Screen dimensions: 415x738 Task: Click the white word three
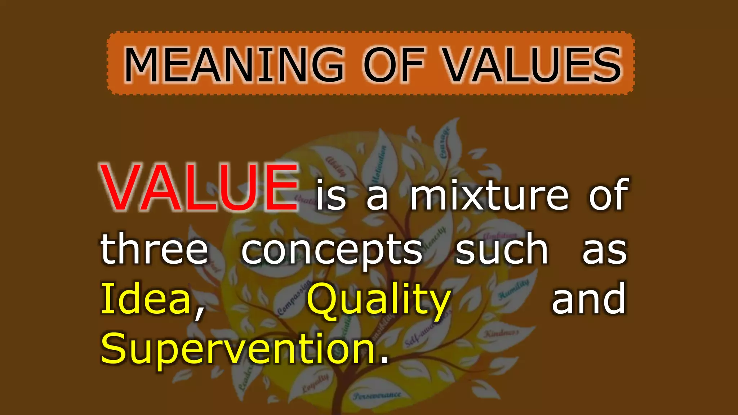click(154, 249)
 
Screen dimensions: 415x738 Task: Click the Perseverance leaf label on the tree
click(377, 396)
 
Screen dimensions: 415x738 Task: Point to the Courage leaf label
click(445, 142)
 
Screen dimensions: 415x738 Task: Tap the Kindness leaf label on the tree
click(502, 333)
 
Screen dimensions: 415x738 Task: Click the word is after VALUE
click(331, 196)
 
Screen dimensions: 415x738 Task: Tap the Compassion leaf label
click(294, 298)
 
